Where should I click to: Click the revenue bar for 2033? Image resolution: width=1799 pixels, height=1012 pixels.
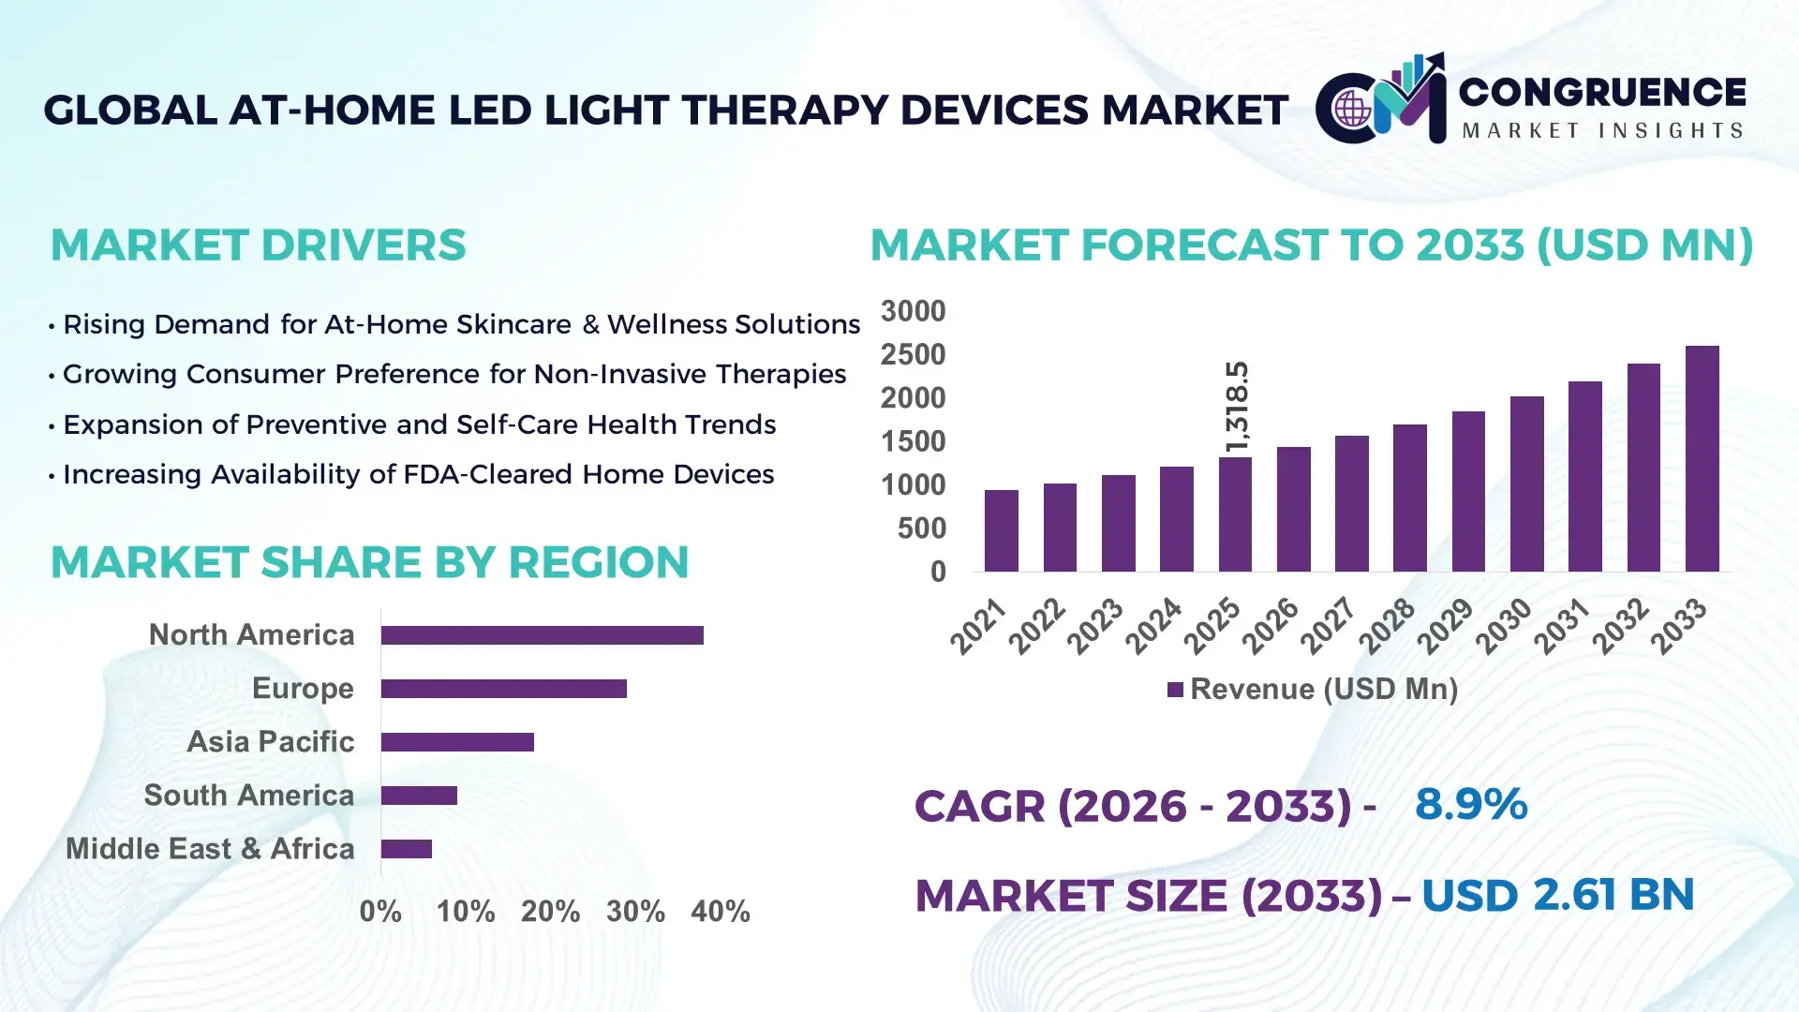(x=1702, y=459)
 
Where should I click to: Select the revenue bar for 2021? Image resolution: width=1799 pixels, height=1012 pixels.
(x=1001, y=530)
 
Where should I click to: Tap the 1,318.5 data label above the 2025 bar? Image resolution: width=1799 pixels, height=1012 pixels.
(x=1237, y=407)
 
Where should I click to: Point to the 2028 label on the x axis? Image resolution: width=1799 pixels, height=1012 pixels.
(x=1387, y=626)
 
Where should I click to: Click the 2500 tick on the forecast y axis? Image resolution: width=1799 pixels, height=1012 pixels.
(x=913, y=355)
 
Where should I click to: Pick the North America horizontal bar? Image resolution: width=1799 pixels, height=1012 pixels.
(x=542, y=635)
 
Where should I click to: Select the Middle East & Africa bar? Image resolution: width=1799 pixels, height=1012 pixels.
(x=406, y=849)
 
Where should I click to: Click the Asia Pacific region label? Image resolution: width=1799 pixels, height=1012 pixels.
(x=270, y=741)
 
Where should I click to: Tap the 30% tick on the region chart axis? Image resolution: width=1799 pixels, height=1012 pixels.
(x=635, y=911)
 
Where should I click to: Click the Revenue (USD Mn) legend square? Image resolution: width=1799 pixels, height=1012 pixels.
(x=1175, y=690)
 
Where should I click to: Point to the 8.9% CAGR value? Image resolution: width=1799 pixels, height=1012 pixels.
(x=1470, y=805)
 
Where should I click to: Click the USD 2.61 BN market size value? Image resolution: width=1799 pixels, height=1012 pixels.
(x=1557, y=895)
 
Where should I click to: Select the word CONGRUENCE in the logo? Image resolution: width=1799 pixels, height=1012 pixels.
(x=1601, y=93)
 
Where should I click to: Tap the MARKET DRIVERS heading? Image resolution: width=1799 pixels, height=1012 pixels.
(x=258, y=246)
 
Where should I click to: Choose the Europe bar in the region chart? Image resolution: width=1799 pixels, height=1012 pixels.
(x=503, y=689)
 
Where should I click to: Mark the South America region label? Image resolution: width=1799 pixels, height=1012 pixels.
(x=248, y=795)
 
